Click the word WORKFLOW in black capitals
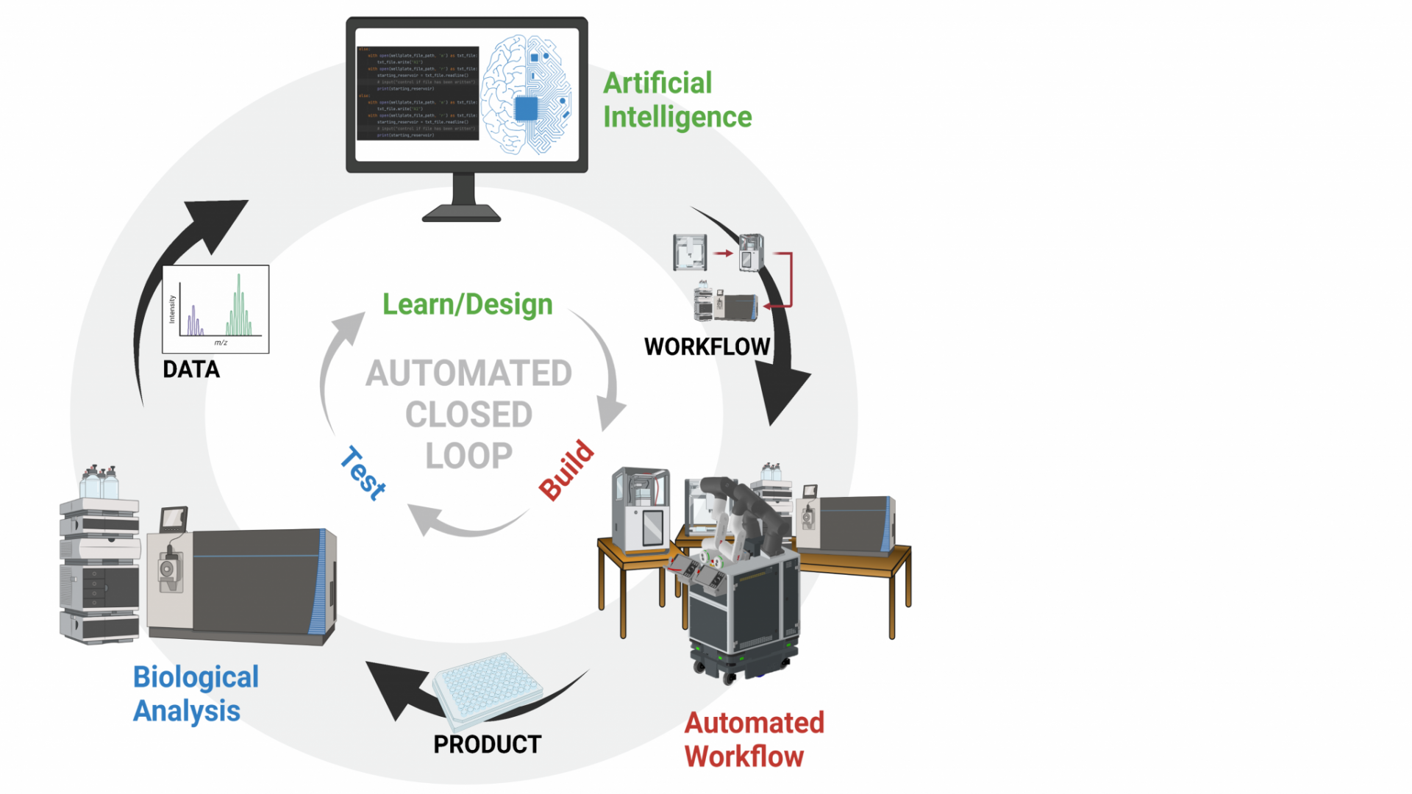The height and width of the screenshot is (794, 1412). [x=707, y=346]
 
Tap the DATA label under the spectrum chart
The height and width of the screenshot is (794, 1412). [x=191, y=369]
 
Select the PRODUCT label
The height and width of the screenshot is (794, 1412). [x=487, y=744]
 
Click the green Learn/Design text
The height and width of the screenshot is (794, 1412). [x=467, y=304]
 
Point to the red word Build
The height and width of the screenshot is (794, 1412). [x=566, y=470]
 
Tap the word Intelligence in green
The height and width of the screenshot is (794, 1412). [x=677, y=117]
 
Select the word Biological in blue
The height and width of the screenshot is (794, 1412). [x=196, y=677]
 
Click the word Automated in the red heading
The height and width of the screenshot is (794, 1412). [x=754, y=723]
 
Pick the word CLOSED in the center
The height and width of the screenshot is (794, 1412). [x=468, y=415]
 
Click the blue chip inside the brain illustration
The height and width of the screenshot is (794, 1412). [x=527, y=109]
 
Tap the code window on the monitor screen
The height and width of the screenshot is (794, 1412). [x=418, y=93]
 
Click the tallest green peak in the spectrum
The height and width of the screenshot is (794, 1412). [x=239, y=301]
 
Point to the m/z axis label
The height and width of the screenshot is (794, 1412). [x=221, y=343]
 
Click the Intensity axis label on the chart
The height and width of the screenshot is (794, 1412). [x=172, y=309]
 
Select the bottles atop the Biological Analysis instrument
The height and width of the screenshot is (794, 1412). [x=99, y=482]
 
